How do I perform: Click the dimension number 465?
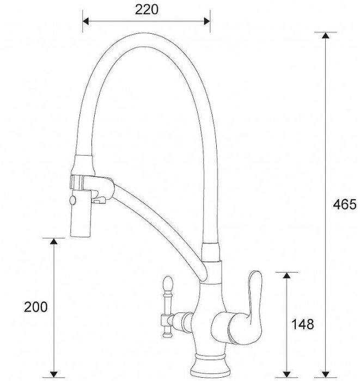(x=344, y=205)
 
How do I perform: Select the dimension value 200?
(x=35, y=306)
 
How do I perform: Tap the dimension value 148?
(x=303, y=325)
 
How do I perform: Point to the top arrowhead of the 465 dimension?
(x=325, y=36)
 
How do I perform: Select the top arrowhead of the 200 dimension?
(x=53, y=242)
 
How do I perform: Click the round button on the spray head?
(x=71, y=202)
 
